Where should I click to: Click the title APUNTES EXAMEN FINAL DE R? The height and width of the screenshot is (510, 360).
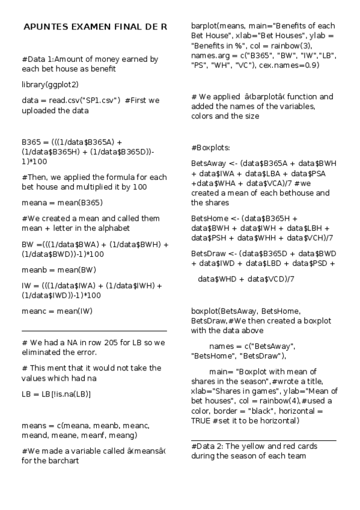click(94, 27)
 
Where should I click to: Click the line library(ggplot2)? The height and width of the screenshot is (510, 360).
click(50, 84)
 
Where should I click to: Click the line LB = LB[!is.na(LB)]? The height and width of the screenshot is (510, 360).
click(56, 393)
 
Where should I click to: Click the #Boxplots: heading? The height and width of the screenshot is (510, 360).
click(211, 147)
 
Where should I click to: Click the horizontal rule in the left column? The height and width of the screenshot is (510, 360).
click(94, 331)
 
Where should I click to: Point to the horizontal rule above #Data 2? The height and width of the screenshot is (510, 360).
click(263, 440)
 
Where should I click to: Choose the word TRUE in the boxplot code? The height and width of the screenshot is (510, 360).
click(201, 420)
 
